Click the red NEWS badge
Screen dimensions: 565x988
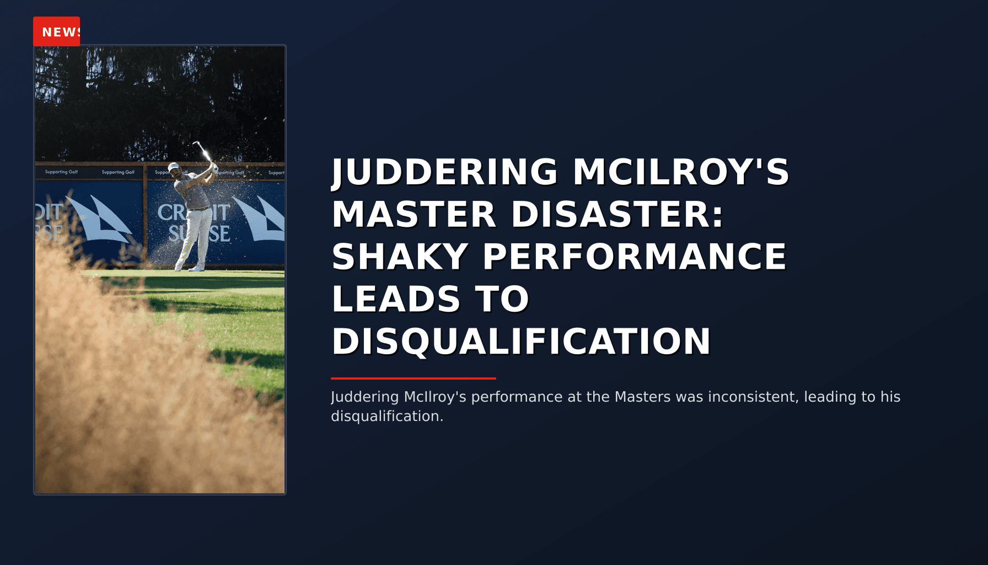57,31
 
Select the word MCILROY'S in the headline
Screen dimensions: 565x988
681,172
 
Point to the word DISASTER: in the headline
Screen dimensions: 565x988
617,214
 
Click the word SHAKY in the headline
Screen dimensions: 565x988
400,257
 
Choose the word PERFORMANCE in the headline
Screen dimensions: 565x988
635,257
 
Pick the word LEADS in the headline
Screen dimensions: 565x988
396,299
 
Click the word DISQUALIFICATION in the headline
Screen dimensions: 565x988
521,342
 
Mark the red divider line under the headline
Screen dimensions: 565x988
413,379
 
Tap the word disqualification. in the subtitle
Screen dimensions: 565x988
387,416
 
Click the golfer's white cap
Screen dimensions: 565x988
174,166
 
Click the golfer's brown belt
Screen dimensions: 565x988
198,209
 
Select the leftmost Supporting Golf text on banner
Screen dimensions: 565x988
61,172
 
